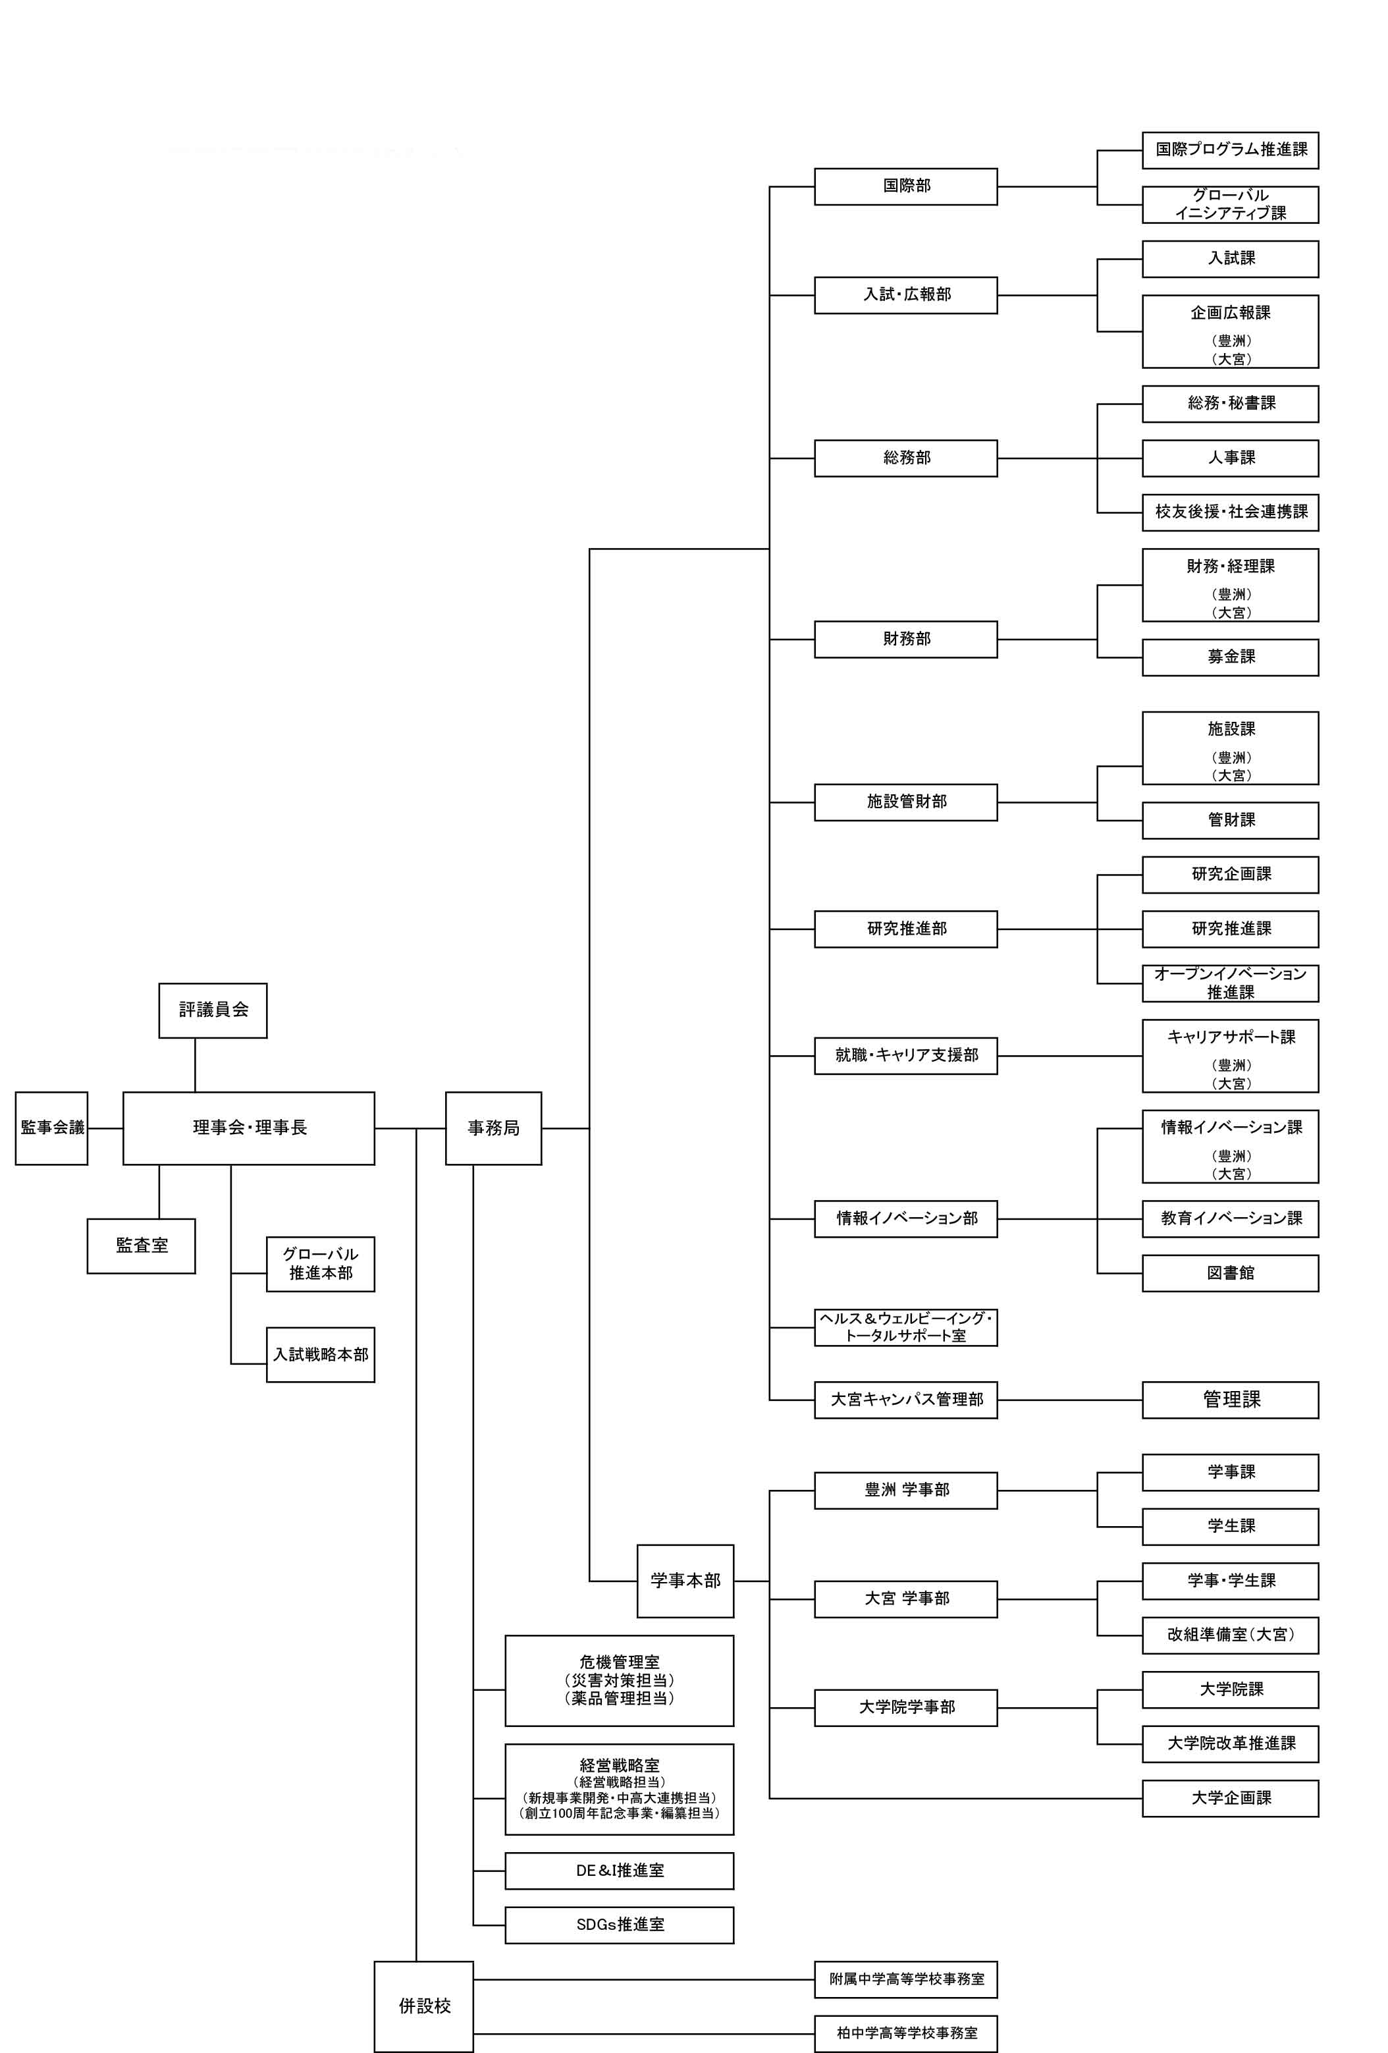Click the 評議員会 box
213,1010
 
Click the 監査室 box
142,1245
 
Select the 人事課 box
1229,458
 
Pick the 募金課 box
1229,657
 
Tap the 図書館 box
1229,1273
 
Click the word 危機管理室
619,1662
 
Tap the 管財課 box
1229,820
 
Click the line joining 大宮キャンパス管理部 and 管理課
1069,1400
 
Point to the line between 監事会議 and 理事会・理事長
105,1128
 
